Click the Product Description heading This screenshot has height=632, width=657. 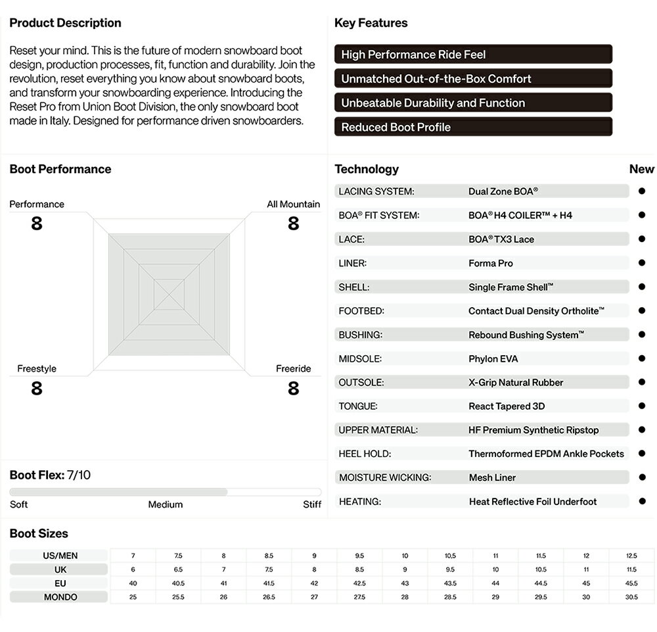[x=65, y=23]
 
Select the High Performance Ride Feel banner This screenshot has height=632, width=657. [x=473, y=55]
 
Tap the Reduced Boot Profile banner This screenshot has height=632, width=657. [x=473, y=127]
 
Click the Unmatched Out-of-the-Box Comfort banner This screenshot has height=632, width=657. [x=473, y=79]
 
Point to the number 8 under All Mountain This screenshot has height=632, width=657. [x=293, y=224]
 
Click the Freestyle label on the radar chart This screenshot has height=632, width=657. [x=37, y=368]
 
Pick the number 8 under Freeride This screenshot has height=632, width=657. [x=293, y=389]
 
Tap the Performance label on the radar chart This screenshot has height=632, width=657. [x=37, y=204]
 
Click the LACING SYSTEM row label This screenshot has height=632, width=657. [x=376, y=191]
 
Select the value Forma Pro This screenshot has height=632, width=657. [x=491, y=263]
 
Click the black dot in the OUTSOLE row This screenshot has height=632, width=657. [x=642, y=382]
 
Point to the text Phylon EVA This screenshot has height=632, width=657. [x=493, y=358]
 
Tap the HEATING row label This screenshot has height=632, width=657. [x=360, y=501]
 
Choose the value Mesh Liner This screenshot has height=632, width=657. [x=492, y=477]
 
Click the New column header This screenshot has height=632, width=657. [x=642, y=169]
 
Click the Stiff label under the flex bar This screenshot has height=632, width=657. [x=312, y=504]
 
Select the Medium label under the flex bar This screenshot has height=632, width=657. [x=165, y=504]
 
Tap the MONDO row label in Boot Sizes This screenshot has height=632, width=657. [x=60, y=597]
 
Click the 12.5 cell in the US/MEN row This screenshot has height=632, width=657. [x=631, y=556]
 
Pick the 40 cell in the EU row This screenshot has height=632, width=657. [x=133, y=583]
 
